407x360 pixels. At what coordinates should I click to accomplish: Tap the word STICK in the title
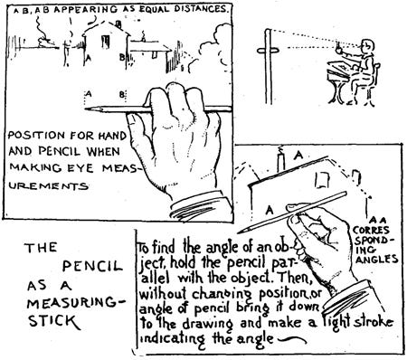pyautogui.click(x=54, y=320)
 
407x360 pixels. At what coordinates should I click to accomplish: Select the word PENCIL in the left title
pyautogui.click(x=92, y=266)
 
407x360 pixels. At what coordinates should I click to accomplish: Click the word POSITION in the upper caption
pyautogui.click(x=36, y=136)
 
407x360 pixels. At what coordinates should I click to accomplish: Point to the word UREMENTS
pyautogui.click(x=48, y=185)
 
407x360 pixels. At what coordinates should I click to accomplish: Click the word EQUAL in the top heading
pyautogui.click(x=152, y=9)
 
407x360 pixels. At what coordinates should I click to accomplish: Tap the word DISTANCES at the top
pyautogui.click(x=200, y=9)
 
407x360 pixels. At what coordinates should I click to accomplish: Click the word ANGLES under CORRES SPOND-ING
pyautogui.click(x=376, y=259)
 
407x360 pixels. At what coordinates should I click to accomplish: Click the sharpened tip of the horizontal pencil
pyautogui.click(x=85, y=109)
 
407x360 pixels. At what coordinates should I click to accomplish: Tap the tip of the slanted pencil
pyautogui.click(x=238, y=232)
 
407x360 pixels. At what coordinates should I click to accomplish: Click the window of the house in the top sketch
pyautogui.click(x=105, y=42)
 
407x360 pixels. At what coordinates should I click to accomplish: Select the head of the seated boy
pyautogui.click(x=365, y=45)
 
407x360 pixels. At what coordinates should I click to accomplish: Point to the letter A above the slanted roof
pyautogui.click(x=298, y=156)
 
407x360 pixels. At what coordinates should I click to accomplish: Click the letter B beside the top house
pyautogui.click(x=122, y=57)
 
